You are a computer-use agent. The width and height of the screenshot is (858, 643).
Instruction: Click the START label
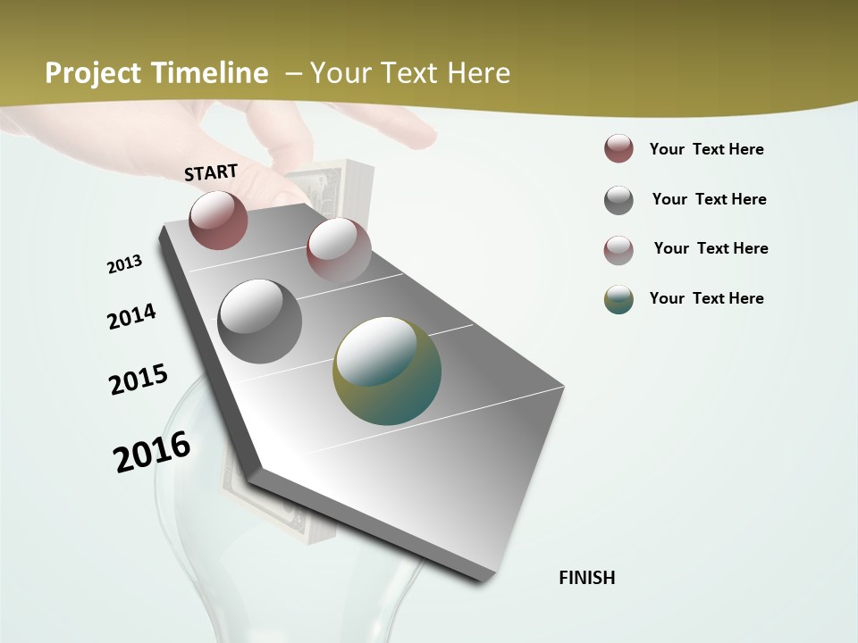[211, 172]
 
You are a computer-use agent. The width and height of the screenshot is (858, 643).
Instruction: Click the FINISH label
[587, 578]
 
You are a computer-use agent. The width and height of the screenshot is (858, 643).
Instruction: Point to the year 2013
[124, 264]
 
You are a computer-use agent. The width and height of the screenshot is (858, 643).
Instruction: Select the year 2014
[131, 316]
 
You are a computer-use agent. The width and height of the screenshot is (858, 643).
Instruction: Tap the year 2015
[139, 380]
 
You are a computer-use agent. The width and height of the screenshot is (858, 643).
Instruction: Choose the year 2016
[152, 451]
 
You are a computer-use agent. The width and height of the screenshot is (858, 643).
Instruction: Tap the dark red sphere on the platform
[218, 220]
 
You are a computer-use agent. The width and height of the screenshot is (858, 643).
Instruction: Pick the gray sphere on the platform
[259, 321]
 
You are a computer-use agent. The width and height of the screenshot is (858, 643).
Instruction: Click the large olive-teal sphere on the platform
[387, 371]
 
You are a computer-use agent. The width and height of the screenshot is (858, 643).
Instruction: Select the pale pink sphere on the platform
[338, 249]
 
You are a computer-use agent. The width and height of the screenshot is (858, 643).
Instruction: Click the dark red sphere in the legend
[618, 149]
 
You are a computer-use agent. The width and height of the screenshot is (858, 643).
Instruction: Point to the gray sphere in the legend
[618, 200]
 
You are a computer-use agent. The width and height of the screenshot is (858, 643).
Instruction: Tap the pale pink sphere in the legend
[618, 250]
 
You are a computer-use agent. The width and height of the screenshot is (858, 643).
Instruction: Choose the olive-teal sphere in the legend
[618, 299]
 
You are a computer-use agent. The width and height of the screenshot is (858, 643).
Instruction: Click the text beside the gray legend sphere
[709, 199]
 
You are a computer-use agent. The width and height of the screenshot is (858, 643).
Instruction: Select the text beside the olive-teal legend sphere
[706, 298]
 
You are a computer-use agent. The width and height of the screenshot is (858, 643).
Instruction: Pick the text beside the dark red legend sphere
[706, 149]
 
